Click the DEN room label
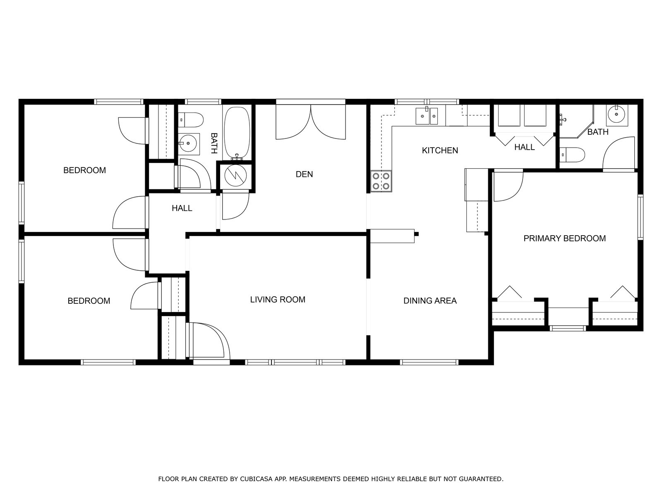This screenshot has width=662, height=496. click(304, 174)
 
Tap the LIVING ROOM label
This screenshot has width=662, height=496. click(278, 299)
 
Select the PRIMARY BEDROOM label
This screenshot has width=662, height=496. click(565, 238)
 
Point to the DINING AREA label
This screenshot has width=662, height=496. click(430, 300)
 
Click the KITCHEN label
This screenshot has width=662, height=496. click(440, 150)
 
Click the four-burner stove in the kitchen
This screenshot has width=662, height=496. click(381, 181)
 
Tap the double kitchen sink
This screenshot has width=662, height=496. click(427, 116)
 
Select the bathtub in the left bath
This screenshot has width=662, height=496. click(237, 134)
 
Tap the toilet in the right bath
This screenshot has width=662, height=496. click(573, 155)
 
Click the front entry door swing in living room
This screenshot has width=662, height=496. click(208, 341)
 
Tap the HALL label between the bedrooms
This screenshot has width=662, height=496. click(182, 208)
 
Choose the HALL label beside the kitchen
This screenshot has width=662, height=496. click(525, 147)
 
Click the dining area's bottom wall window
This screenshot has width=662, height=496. click(429, 362)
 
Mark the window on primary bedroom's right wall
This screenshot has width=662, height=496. click(640, 217)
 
